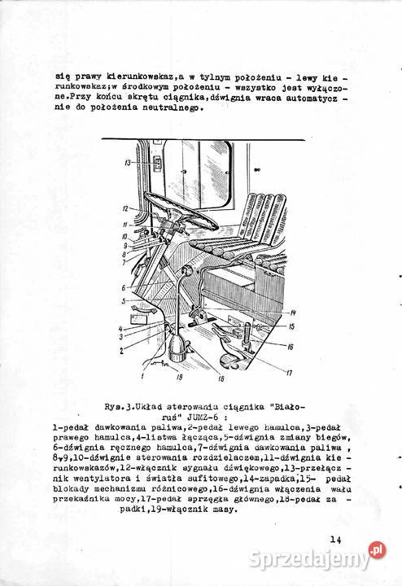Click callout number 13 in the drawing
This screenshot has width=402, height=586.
[128, 164]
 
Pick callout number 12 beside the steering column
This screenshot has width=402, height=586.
[128, 208]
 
